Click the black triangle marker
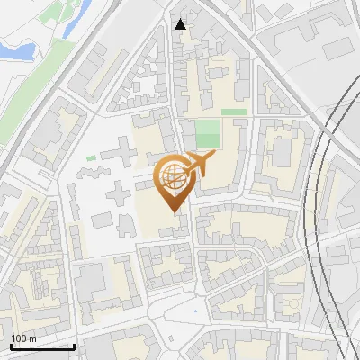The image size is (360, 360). tap(181, 24)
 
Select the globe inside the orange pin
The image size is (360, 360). tap(173, 180)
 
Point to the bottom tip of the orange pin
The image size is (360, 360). tap(173, 213)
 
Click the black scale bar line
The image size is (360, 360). tap(42, 346)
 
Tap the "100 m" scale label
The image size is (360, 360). tap(23, 337)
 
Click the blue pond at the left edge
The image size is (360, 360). tap(11, 49)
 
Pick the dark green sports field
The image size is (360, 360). tap(208, 134)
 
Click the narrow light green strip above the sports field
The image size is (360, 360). tap(234, 112)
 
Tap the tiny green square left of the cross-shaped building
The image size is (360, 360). tap(91, 158)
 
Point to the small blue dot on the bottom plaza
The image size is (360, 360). tap(194, 312)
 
